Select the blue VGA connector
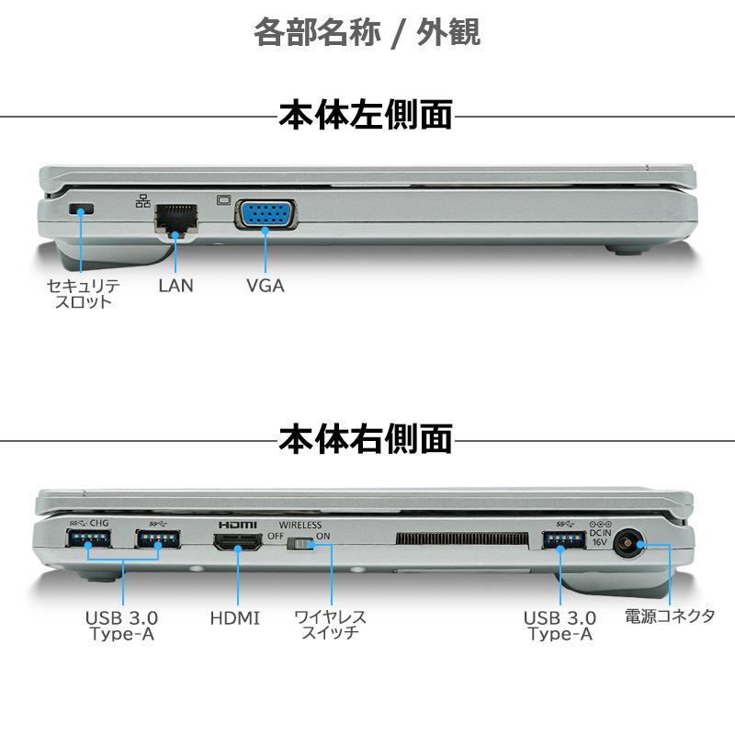pyautogui.click(x=266, y=216)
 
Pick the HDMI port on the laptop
pyautogui.click(x=237, y=544)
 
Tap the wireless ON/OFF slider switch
pyautogui.click(x=301, y=546)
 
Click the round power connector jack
pyautogui.click(x=628, y=544)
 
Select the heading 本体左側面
pyautogui.click(x=366, y=116)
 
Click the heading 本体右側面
pyautogui.click(x=366, y=438)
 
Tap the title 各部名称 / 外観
pyautogui.click(x=367, y=32)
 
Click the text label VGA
pyautogui.click(x=266, y=285)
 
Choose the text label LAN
pyautogui.click(x=175, y=285)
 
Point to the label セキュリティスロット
pyautogui.click(x=83, y=293)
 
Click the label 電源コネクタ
pyautogui.click(x=670, y=616)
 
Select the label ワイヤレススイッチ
pyautogui.click(x=330, y=624)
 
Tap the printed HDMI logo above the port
pyautogui.click(x=237, y=524)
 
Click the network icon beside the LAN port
pyautogui.click(x=142, y=200)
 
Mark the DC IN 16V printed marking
pyautogui.click(x=599, y=533)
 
